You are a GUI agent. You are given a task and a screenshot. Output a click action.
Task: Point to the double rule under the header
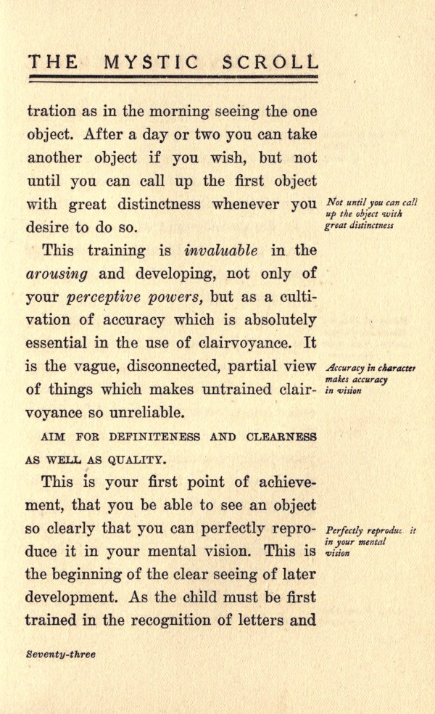point(173,76)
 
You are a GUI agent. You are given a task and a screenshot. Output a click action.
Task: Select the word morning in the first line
point(163,112)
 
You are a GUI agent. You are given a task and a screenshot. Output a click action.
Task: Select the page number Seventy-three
point(60,654)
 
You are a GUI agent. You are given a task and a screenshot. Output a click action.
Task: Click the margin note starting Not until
point(371,214)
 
